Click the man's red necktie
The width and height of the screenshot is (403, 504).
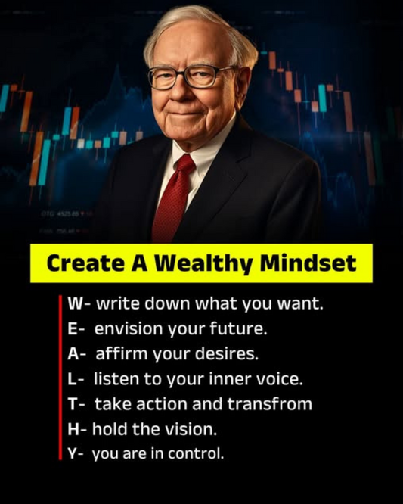point(173,200)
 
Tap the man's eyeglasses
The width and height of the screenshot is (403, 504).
point(191,76)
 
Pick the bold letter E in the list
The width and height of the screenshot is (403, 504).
point(71,330)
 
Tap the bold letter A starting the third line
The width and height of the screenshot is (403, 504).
point(72,354)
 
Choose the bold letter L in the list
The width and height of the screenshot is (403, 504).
point(71,379)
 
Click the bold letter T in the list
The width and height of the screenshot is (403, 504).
point(71,404)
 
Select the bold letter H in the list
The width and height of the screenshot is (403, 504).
point(73,429)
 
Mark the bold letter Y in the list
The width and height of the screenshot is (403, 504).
point(71,454)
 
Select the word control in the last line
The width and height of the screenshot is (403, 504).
point(200,454)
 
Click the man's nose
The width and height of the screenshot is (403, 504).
point(194,89)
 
